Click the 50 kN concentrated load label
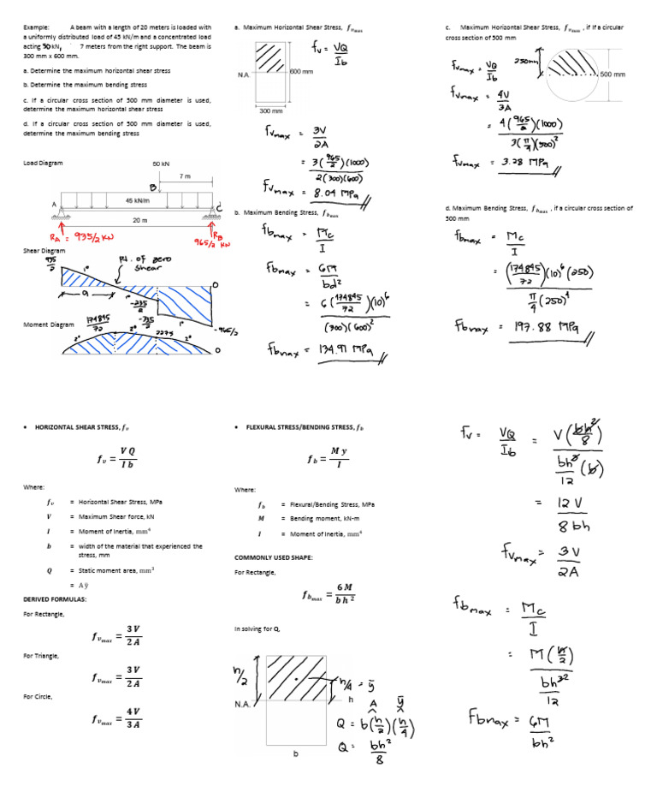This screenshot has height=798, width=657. pos(161,163)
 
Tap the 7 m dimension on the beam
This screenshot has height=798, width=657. pos(185,176)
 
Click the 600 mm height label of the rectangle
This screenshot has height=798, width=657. pos(303,71)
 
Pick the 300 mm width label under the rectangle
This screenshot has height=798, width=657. pos(270,110)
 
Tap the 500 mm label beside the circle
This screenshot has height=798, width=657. pos(613,74)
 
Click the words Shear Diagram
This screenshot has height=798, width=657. pos(44,251)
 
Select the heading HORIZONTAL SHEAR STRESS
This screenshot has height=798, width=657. pos(82,426)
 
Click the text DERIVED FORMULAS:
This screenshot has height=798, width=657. pos(55,599)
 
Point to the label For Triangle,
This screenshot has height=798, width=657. pos(41,655)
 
